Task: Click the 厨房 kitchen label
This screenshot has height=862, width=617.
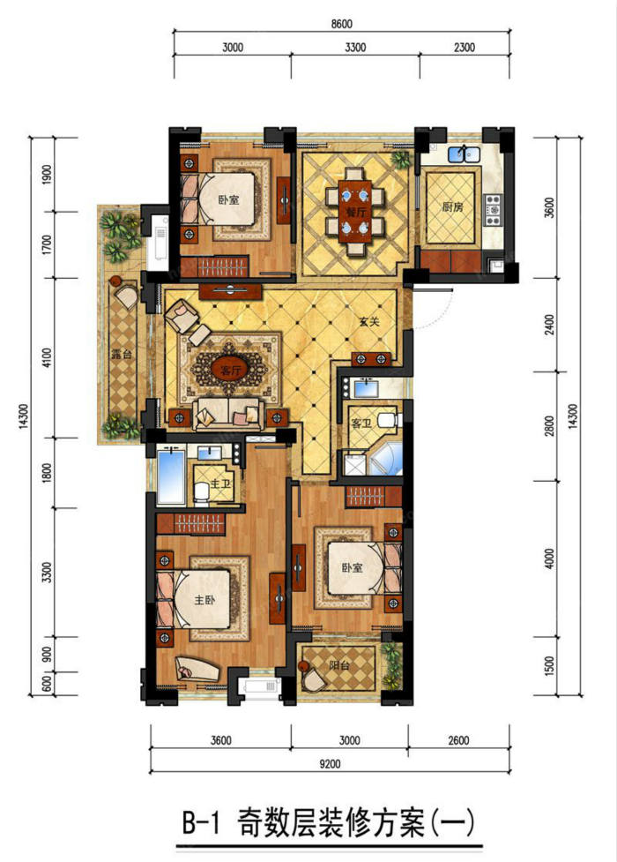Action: click(x=453, y=207)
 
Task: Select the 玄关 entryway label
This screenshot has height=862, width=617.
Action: click(x=371, y=322)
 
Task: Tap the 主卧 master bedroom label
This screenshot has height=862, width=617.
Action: click(x=204, y=600)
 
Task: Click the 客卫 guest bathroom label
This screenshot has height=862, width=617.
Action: click(x=361, y=424)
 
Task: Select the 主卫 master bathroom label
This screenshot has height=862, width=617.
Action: click(x=220, y=484)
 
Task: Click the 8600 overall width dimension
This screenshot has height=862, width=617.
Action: click(x=342, y=24)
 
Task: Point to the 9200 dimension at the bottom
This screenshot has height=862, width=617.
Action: click(x=330, y=763)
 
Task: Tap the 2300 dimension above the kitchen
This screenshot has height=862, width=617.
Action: click(x=465, y=48)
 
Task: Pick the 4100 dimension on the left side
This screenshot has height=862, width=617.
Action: click(x=48, y=358)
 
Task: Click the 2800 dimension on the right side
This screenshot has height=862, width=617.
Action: click(x=549, y=426)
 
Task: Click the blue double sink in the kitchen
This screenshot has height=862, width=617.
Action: click(x=465, y=154)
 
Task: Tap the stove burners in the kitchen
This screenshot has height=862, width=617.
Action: click(x=493, y=209)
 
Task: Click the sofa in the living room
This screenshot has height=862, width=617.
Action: click(x=227, y=414)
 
